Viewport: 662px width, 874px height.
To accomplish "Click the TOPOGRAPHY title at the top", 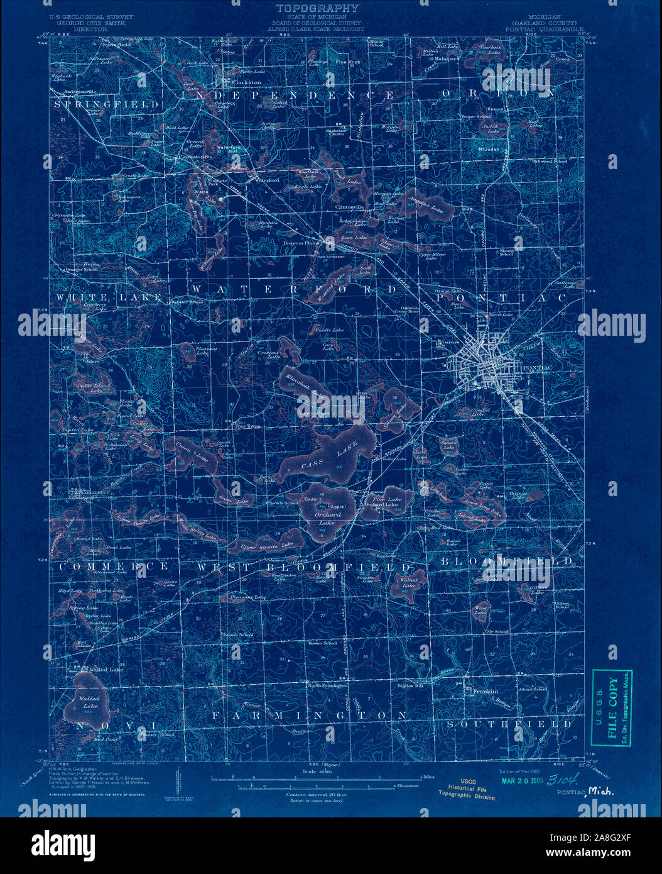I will [x=317, y=8].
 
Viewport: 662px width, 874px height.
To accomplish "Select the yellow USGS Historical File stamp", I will [x=470, y=789].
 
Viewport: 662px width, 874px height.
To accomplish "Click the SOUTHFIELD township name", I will [x=509, y=724].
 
